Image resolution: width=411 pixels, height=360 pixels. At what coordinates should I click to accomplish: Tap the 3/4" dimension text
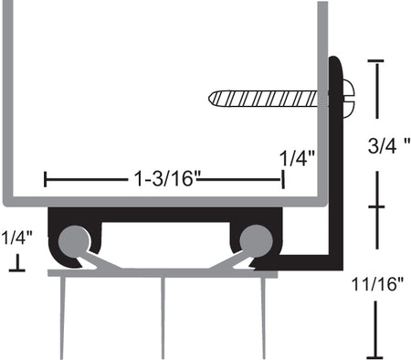tap(388, 145)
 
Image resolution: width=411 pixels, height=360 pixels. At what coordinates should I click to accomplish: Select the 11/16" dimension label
tap(377, 284)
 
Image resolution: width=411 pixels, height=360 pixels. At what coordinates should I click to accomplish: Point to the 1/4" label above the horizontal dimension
tap(297, 158)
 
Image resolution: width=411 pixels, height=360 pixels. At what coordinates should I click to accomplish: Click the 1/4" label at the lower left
tap(17, 238)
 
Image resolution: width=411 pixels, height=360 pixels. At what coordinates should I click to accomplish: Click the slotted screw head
tap(349, 99)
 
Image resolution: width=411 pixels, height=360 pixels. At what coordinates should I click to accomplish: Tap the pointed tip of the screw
tap(209, 99)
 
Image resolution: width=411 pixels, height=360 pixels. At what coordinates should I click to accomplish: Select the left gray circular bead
tap(74, 241)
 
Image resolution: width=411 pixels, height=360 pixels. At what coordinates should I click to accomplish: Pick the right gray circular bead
tap(256, 241)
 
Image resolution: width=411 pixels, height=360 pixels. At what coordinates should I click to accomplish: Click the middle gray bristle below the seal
tap(163, 318)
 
